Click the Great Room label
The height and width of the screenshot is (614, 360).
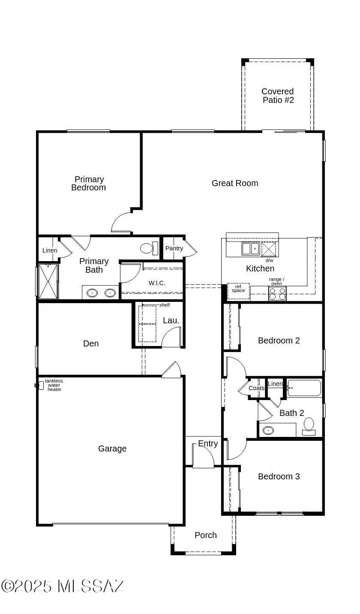click(235, 183)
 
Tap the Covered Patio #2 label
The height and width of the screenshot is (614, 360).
click(278, 95)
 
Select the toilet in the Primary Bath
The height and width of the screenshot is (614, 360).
click(149, 248)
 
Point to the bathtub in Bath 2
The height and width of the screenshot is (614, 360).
click(304, 388)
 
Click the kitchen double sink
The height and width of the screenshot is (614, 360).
click(251, 249)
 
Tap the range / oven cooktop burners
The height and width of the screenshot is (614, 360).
click(277, 293)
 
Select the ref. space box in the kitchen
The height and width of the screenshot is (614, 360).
click(238, 291)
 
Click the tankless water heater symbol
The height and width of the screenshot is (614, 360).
click(39, 385)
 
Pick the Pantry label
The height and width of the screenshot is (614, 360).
click(174, 248)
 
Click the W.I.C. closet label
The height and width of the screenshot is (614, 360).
click(157, 283)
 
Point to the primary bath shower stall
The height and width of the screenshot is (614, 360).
click(48, 281)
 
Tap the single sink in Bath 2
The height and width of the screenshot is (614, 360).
click(268, 430)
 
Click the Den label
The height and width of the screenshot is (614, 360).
click(91, 343)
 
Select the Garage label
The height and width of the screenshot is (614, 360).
click(112, 448)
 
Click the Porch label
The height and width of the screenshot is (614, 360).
click(205, 535)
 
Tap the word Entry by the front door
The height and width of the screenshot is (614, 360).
click(208, 443)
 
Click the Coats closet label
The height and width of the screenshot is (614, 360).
click(256, 388)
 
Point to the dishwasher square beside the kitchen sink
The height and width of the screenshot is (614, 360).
click(268, 249)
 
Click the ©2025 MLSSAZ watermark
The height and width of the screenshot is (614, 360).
click(63, 586)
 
